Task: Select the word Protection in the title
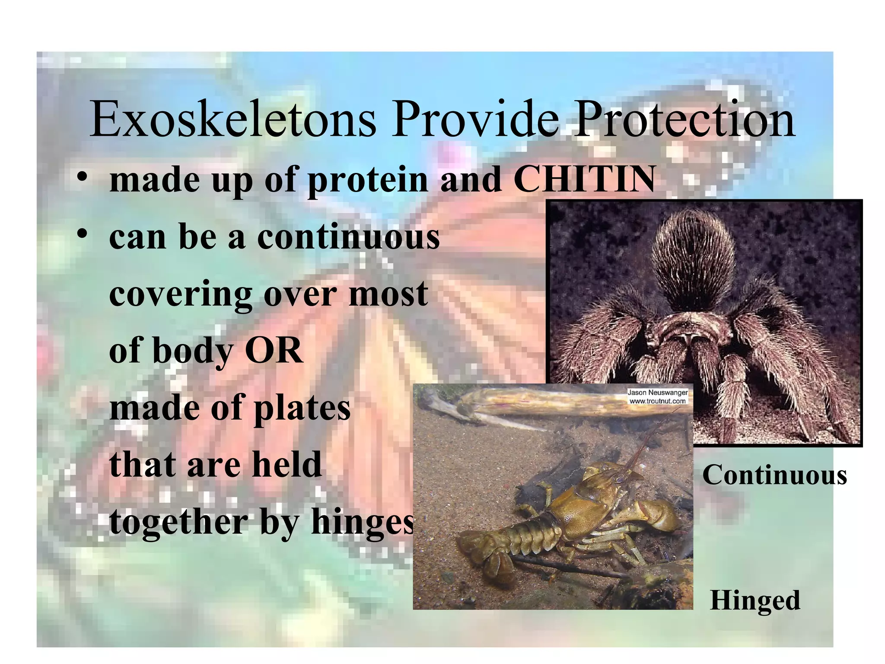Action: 684,119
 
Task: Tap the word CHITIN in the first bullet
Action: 584,179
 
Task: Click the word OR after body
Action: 274,350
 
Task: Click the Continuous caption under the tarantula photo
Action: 774,475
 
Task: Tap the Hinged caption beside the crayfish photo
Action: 755,600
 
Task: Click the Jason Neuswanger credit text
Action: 657,393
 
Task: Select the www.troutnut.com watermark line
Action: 657,401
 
